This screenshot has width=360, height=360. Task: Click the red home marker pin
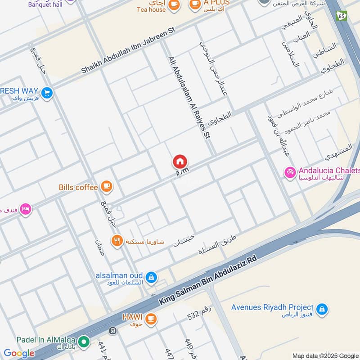click(180, 162)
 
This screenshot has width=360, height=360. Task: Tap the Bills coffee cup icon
click(107, 186)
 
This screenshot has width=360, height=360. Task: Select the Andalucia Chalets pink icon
click(290, 172)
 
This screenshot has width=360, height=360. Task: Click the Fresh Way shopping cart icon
click(47, 93)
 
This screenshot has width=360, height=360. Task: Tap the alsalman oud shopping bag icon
click(152, 276)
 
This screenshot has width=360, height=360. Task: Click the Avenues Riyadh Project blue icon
click(321, 309)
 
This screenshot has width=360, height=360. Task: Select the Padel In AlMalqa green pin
click(83, 342)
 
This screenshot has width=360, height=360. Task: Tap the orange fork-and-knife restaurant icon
click(117, 241)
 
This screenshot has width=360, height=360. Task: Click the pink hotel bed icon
click(26, 209)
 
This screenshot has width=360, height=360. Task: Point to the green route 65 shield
click(342, 16)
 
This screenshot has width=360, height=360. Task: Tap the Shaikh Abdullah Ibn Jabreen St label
click(128, 49)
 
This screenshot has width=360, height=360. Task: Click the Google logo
click(19, 353)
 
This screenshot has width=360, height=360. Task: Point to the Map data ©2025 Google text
click(325, 355)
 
